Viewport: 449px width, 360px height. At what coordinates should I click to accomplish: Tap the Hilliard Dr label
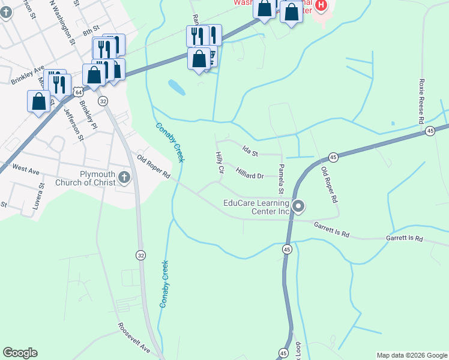pyautogui.click(x=250, y=174)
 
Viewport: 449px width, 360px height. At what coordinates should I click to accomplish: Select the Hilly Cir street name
pyautogui.click(x=219, y=163)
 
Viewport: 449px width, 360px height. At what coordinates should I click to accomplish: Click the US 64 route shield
pyautogui.click(x=79, y=91)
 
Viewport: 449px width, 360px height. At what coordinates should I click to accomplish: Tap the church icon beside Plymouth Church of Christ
pyautogui.click(x=124, y=176)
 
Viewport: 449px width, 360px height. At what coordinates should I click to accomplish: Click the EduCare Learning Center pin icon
pyautogui.click(x=299, y=207)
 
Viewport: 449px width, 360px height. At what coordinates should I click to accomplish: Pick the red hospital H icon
pyautogui.click(x=321, y=5)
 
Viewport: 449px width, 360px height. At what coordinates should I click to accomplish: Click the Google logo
pyautogui.click(x=20, y=353)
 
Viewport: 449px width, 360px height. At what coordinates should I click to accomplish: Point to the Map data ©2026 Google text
pyautogui.click(x=411, y=355)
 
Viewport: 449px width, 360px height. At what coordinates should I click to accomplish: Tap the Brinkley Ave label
pyautogui.click(x=28, y=75)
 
